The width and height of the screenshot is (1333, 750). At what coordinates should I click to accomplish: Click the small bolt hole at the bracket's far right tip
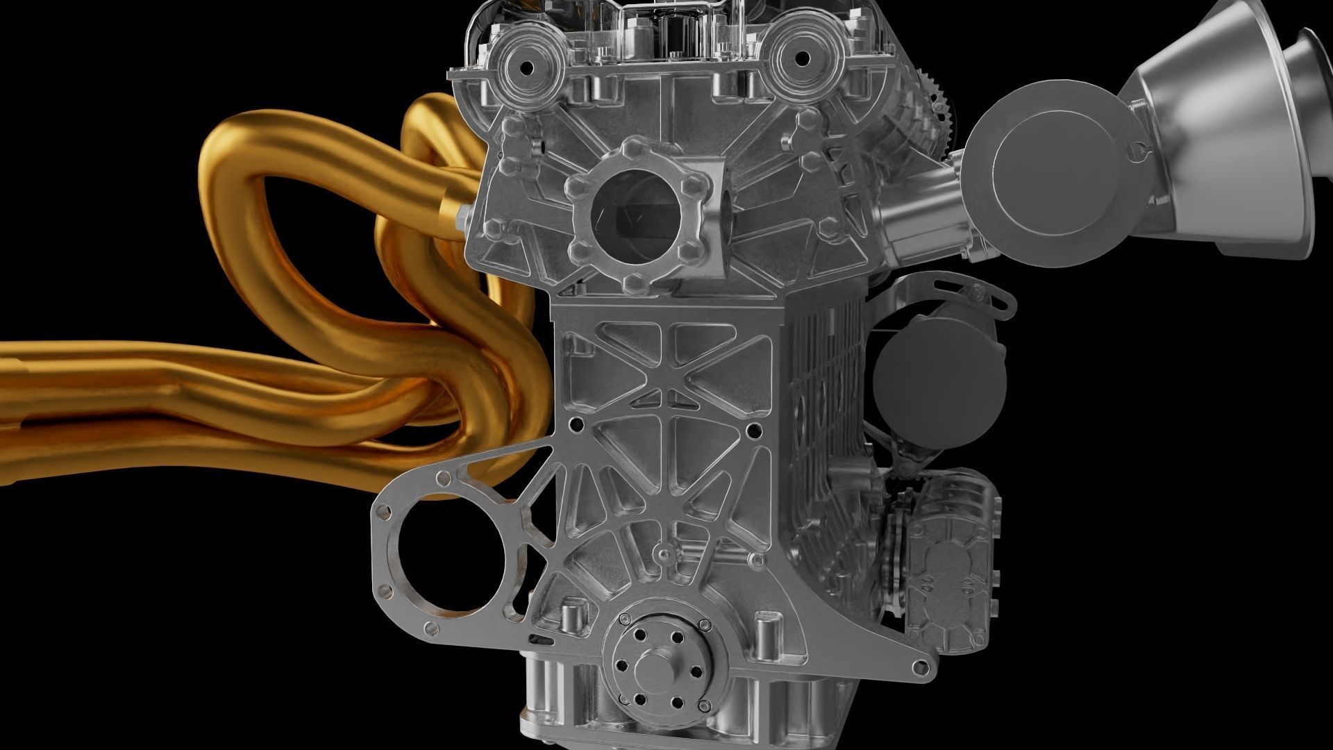tap(923, 668)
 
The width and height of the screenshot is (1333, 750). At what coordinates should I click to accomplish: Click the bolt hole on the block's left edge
tap(574, 422)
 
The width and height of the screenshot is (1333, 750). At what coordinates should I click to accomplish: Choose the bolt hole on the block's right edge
tap(752, 431)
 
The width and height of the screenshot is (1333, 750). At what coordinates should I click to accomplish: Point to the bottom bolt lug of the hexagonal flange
tap(633, 281)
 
